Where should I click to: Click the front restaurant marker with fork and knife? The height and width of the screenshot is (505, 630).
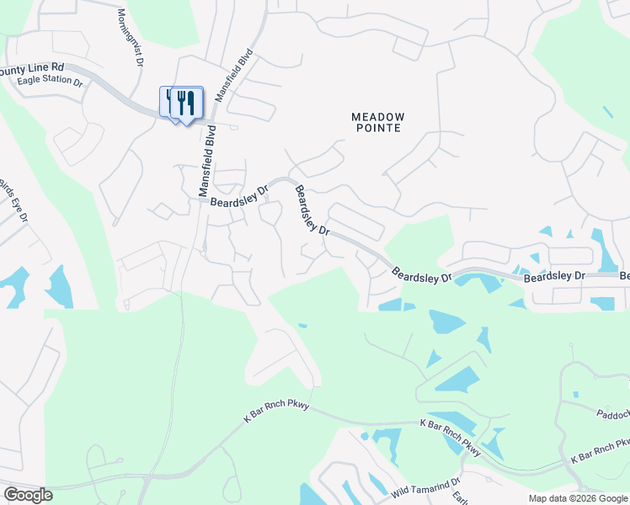point(187,103)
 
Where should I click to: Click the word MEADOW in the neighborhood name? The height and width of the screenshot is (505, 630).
point(378,116)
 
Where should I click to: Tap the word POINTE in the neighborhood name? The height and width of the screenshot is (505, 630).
point(378,129)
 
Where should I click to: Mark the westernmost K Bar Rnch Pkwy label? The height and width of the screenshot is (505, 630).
point(276,411)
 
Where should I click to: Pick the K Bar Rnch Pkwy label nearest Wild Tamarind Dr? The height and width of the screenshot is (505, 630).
point(451,438)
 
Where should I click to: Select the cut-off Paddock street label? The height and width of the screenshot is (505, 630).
point(612,414)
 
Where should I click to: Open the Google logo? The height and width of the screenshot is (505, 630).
point(27,495)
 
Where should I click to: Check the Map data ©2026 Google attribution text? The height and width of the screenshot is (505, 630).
point(578,498)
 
